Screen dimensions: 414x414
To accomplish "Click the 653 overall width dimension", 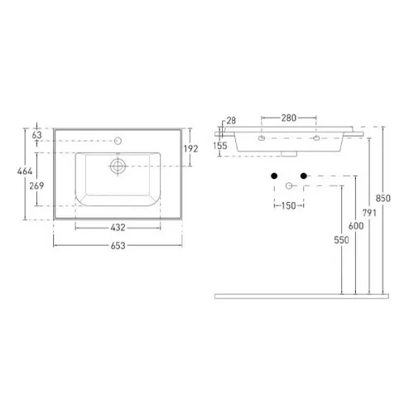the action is click(118, 245).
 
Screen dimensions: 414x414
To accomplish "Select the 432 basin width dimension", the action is click(118, 228).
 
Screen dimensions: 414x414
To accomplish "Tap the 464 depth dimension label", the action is click(25, 171).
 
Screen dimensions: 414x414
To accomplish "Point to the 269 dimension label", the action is click(36, 185).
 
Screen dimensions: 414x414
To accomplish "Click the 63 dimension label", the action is click(36, 135).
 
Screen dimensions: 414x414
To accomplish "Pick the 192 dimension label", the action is click(190, 149).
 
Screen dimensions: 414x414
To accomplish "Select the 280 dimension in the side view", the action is click(289, 118).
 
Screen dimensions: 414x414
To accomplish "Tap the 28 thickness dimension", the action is click(231, 120).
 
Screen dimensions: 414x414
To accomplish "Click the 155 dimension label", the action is click(220, 146).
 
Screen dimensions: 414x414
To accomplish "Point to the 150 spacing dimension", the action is click(289, 205).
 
